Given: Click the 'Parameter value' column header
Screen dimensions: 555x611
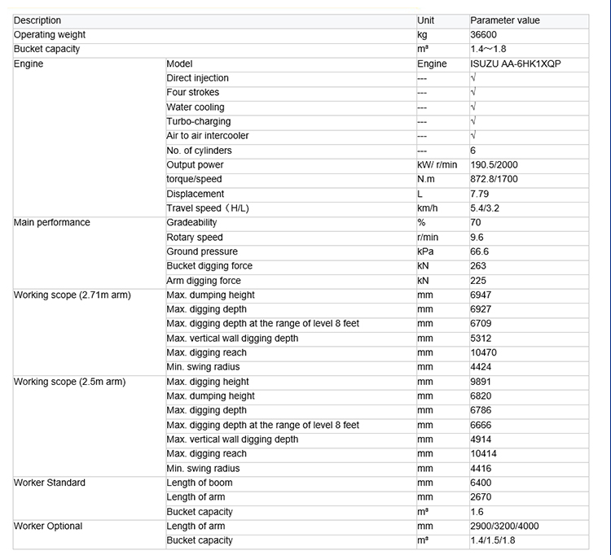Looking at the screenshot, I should pyautogui.click(x=505, y=20).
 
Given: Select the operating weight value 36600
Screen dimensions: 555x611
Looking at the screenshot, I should pyautogui.click(x=483, y=35).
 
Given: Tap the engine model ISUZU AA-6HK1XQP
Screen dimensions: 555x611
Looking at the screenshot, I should pyautogui.click(x=516, y=63).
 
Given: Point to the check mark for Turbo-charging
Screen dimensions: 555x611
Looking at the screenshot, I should pyautogui.click(x=473, y=121).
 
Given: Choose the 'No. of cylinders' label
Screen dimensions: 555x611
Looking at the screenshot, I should pyautogui.click(x=199, y=151).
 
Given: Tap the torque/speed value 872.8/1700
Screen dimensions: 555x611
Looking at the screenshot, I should pyautogui.click(x=494, y=179).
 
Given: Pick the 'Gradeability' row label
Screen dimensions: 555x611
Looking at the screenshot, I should pyautogui.click(x=191, y=222).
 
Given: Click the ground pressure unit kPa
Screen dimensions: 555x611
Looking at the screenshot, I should pyautogui.click(x=425, y=251).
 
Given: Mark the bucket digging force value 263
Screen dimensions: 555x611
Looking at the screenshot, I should pyautogui.click(x=478, y=266).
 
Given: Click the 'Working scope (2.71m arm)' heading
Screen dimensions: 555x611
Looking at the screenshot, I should pyautogui.click(x=73, y=295).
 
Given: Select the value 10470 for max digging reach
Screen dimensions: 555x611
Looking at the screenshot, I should pyautogui.click(x=483, y=352).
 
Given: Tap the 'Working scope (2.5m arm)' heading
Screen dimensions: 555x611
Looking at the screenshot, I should pyautogui.click(x=70, y=382).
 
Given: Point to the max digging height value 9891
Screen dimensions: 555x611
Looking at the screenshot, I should pyautogui.click(x=481, y=382).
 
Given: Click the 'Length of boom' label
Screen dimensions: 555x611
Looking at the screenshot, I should pyautogui.click(x=199, y=483).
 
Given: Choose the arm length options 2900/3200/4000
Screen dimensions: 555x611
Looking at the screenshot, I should pyautogui.click(x=504, y=527).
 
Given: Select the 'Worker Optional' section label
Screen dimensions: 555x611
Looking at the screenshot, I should pyautogui.click(x=48, y=527).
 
